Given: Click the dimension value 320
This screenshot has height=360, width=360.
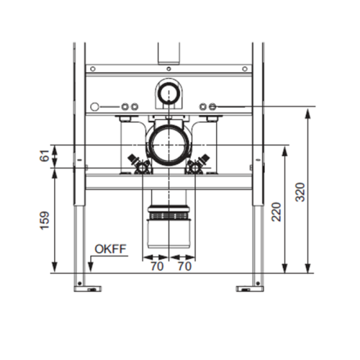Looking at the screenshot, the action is [300, 192].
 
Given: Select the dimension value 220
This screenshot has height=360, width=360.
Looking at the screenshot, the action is [276, 212].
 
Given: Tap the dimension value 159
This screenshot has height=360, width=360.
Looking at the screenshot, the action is [45, 220].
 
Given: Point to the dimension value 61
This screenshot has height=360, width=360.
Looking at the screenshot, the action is [45, 156].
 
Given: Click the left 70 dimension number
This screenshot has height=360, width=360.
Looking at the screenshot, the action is [157, 266].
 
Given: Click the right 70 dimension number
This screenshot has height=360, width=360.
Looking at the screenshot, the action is [184, 266].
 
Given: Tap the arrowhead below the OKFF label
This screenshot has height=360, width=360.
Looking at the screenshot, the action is [91, 268].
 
